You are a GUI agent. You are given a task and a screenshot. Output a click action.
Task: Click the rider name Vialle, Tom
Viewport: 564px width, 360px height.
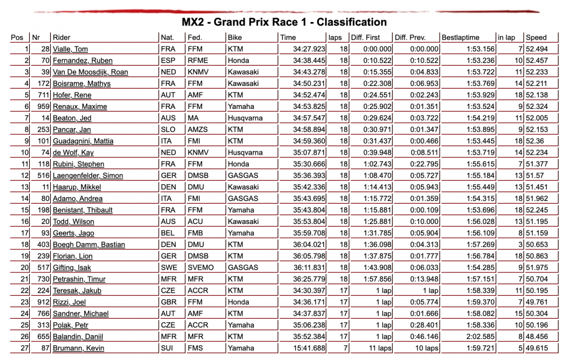[x=70, y=49]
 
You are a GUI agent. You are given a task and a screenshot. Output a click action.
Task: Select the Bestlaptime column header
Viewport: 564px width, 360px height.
[x=460, y=37]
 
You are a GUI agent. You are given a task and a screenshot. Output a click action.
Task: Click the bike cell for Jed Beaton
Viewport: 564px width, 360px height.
[x=245, y=118]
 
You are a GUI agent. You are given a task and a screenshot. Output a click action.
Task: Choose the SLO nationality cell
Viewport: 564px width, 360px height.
[x=168, y=129]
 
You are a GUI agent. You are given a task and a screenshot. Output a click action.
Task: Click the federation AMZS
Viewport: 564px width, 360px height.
[x=197, y=129]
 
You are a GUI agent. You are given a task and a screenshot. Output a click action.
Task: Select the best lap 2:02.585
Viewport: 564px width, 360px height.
[x=480, y=336]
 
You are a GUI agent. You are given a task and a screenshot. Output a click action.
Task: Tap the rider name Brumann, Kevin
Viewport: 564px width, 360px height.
[x=78, y=348]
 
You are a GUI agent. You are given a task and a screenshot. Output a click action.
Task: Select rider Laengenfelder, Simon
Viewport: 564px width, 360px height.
[x=88, y=176]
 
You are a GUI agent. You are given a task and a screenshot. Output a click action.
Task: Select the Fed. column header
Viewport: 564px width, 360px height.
[x=194, y=37]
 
